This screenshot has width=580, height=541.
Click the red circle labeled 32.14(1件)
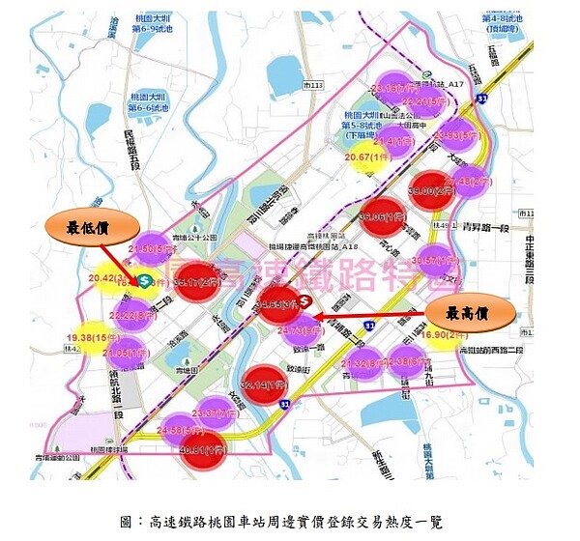point(264,384)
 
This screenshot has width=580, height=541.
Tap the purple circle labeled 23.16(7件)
point(392,88)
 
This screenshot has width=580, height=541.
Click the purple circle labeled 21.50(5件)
point(151,248)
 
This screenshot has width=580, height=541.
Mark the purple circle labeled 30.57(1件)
point(437,260)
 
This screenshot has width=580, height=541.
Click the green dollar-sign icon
point(142,280)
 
